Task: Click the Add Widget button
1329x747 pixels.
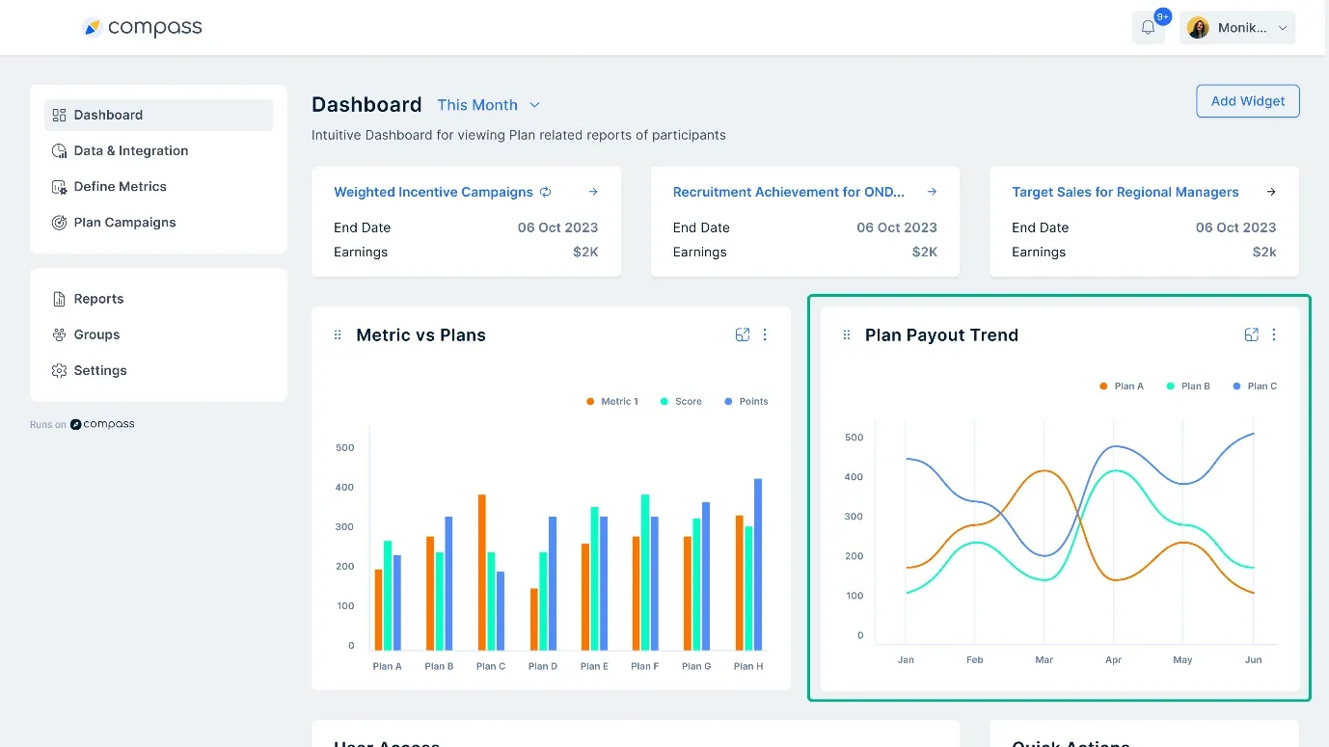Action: (1247, 101)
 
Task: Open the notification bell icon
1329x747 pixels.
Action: (1148, 28)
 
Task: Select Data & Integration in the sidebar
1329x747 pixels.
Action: (130, 150)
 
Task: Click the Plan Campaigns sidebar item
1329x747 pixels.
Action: (124, 222)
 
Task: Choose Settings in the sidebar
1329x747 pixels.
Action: (100, 370)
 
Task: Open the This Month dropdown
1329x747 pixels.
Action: (488, 105)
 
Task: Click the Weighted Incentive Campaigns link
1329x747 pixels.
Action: (433, 192)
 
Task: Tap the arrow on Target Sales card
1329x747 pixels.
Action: (1270, 192)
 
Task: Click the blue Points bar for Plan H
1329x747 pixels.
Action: (758, 564)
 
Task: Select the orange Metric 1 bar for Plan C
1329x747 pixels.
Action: (481, 573)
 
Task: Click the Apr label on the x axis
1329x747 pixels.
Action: (1113, 660)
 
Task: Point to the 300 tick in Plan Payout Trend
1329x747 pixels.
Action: (854, 517)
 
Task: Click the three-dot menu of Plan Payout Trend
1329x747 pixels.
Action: (1274, 334)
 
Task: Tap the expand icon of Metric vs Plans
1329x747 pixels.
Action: (742, 334)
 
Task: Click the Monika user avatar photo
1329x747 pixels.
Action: (1198, 28)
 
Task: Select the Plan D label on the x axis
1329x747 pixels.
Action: (543, 666)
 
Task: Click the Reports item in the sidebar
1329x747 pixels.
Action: (98, 299)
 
